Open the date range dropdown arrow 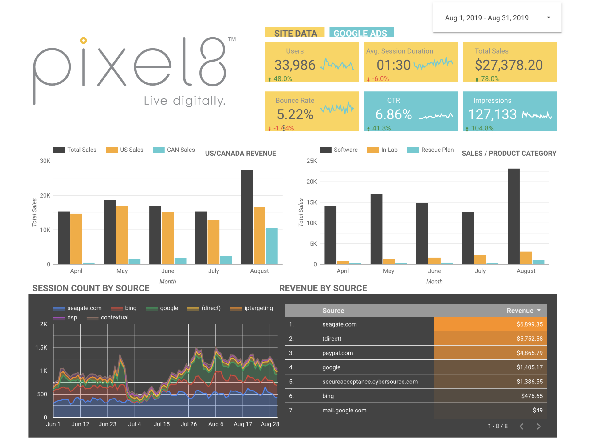pos(549,18)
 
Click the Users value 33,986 pos(295,65)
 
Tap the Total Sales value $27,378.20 pos(509,65)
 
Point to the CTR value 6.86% pos(393,114)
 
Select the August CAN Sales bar pos(271,246)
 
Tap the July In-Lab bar pos(480,259)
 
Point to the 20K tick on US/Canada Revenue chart pos(45,195)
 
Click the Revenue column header pos(520,311)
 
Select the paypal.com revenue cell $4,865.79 pos(529,353)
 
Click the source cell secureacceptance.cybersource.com pos(370,382)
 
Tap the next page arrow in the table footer pos(539,426)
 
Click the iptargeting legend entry pos(258,308)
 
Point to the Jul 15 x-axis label pos(162,424)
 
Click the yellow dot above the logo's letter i pos(83,40)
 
